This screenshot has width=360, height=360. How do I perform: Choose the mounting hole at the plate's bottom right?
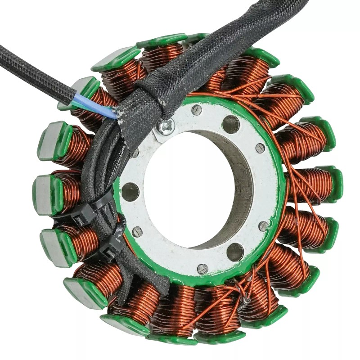pyautogui.click(x=235, y=252)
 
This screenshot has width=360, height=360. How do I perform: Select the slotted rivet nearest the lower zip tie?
pyautogui.click(x=136, y=232)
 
